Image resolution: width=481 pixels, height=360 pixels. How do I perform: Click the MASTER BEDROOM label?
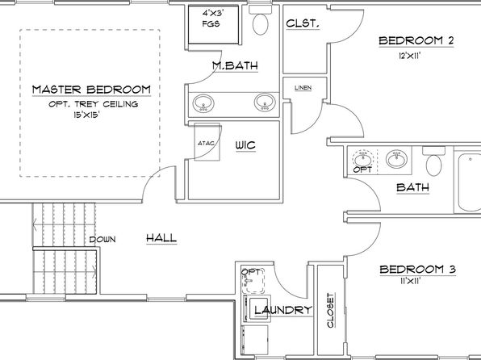[91, 90]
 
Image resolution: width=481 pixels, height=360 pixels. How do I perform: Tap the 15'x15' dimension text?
[87, 115]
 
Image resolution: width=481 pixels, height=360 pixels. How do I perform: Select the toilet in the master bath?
[260, 20]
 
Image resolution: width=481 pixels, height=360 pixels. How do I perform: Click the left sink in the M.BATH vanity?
[203, 103]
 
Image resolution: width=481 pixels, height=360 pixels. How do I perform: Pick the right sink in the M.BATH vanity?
[265, 103]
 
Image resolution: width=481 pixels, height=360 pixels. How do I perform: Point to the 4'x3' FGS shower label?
[211, 19]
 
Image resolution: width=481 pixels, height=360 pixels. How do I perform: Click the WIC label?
[245, 144]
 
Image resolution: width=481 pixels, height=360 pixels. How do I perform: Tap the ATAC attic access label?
[206, 143]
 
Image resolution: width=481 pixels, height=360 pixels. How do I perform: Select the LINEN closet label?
[303, 88]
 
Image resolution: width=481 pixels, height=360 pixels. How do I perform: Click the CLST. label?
[303, 23]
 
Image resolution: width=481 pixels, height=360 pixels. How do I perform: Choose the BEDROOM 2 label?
[416, 40]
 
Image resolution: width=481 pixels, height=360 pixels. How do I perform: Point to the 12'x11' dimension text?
[409, 56]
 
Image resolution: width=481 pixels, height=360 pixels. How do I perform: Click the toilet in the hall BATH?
[433, 161]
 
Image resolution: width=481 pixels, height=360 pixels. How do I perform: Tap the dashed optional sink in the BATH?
[363, 159]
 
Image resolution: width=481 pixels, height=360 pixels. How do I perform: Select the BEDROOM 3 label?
[418, 270]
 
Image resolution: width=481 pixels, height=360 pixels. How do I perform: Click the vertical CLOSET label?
[330, 310]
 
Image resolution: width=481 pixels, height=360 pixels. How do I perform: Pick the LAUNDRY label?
[283, 310]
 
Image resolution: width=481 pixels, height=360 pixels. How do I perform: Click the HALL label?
[161, 238]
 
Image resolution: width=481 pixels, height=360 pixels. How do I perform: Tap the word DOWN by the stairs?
[102, 240]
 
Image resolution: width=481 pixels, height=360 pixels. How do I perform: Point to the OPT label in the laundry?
[251, 272]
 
